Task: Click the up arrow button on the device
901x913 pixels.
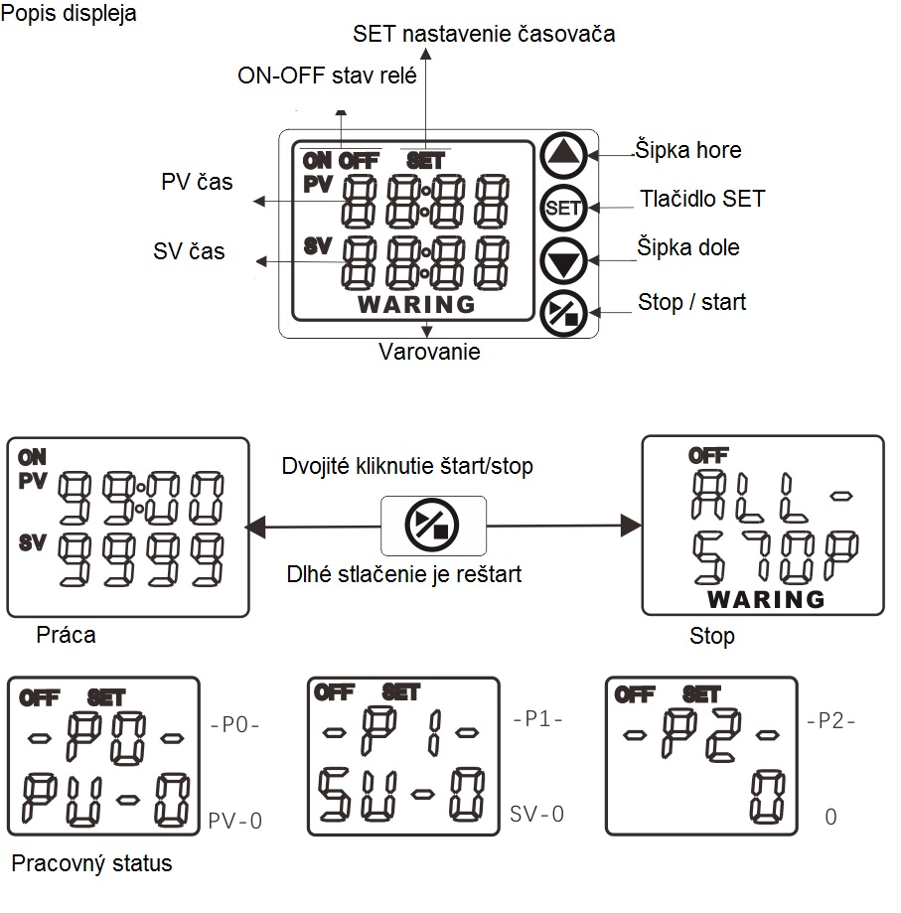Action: pyautogui.click(x=563, y=155)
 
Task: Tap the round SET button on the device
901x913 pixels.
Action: pyautogui.click(x=563, y=208)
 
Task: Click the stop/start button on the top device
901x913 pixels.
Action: pyautogui.click(x=563, y=313)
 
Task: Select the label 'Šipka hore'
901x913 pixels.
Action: pyautogui.click(x=688, y=150)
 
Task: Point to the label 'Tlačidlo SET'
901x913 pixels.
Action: pyautogui.click(x=702, y=199)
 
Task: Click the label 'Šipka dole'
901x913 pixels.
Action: pyautogui.click(x=688, y=247)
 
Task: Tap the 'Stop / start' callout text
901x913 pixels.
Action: pyautogui.click(x=692, y=302)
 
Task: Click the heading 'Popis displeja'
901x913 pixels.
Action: pyautogui.click(x=69, y=13)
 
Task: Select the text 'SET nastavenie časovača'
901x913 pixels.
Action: pyautogui.click(x=484, y=33)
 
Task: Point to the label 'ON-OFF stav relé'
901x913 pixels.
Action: pyautogui.click(x=327, y=76)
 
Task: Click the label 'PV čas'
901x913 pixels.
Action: pyautogui.click(x=197, y=182)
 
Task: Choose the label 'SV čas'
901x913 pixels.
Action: pyautogui.click(x=189, y=251)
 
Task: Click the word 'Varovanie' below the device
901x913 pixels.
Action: pyautogui.click(x=429, y=352)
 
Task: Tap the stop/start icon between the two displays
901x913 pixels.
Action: pyautogui.click(x=432, y=526)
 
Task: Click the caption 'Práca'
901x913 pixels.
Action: pyautogui.click(x=66, y=635)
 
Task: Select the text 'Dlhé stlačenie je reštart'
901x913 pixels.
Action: pyautogui.click(x=404, y=574)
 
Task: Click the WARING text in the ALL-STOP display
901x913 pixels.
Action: pyautogui.click(x=766, y=599)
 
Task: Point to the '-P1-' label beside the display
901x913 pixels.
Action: pyautogui.click(x=537, y=719)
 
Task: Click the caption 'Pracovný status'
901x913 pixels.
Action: pyautogui.click(x=92, y=863)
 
